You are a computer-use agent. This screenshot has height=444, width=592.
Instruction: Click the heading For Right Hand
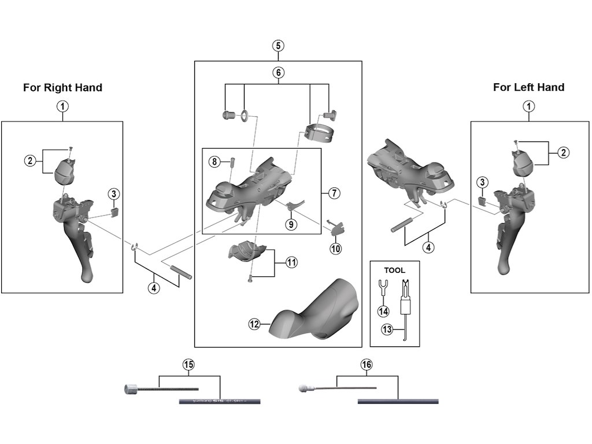62,88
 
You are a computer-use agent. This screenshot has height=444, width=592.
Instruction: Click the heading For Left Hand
528,87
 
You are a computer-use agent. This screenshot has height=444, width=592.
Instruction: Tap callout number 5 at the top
278,46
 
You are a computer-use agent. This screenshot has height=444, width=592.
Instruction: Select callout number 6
278,73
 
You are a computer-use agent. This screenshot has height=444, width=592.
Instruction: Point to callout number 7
334,193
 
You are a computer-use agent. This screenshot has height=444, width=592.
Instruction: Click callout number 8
214,162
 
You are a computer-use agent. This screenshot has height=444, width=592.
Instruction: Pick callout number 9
291,224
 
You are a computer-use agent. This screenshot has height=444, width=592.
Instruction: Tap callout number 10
336,249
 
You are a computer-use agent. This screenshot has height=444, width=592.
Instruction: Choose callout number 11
291,262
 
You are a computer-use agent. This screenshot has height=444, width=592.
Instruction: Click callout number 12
254,324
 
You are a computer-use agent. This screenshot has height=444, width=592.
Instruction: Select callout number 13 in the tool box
387,330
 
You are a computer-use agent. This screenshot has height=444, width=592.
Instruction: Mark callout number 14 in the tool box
383,311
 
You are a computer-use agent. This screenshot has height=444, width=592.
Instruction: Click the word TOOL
395,270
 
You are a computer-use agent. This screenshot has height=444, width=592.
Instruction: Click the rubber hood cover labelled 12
315,309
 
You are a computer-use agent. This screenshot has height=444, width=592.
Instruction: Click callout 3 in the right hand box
114,194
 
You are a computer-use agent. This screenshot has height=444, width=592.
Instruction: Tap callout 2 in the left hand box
564,153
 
